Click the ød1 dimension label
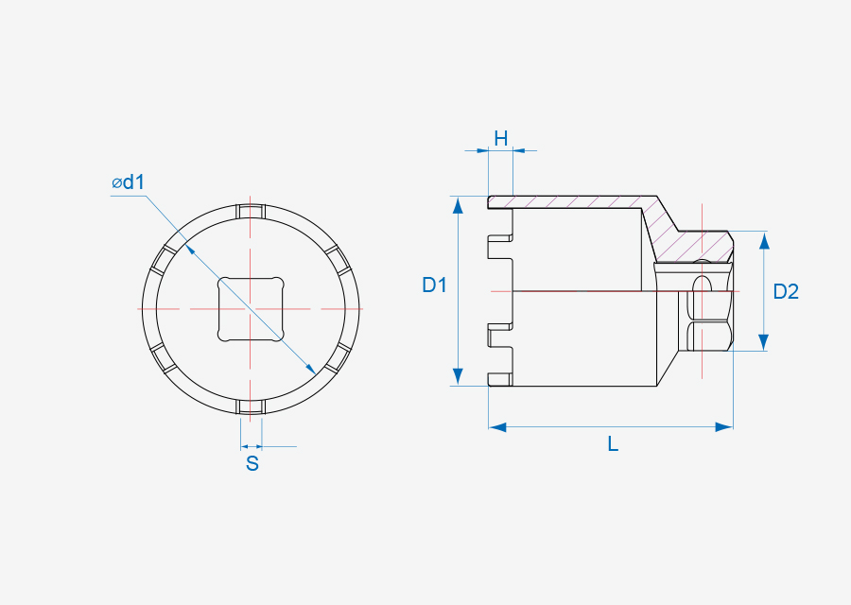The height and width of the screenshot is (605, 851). click(129, 182)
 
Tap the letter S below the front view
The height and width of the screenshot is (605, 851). click(252, 464)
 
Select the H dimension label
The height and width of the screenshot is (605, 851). click(501, 138)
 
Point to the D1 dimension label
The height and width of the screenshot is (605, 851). click(434, 285)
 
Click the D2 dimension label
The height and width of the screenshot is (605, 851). click(786, 292)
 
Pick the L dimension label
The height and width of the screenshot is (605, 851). click(613, 444)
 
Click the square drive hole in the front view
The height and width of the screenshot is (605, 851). click(251, 309)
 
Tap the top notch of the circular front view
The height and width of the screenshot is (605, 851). click(251, 211)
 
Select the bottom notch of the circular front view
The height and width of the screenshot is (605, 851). click(251, 406)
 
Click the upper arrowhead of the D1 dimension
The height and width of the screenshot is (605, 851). click(458, 206)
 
